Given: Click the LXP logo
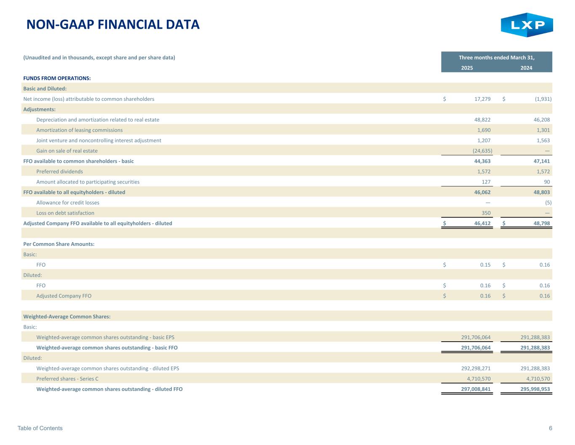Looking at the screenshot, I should click(527, 25).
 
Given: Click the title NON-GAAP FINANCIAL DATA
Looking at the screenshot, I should click(113, 24).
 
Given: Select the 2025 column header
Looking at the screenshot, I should click(467, 68).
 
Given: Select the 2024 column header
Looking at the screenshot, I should click(526, 68).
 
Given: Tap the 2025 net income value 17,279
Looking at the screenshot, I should click(480, 99).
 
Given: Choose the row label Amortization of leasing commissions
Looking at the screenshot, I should click(80, 130).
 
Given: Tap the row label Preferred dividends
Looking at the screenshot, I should click(59, 172).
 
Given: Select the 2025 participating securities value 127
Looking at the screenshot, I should click(486, 182).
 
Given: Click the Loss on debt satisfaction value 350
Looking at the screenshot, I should click(486, 213).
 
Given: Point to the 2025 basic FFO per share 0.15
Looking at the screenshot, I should click(485, 265).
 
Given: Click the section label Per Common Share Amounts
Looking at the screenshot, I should click(59, 244).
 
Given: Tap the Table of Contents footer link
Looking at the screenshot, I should click(40, 428).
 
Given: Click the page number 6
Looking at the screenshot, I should click(551, 428).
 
